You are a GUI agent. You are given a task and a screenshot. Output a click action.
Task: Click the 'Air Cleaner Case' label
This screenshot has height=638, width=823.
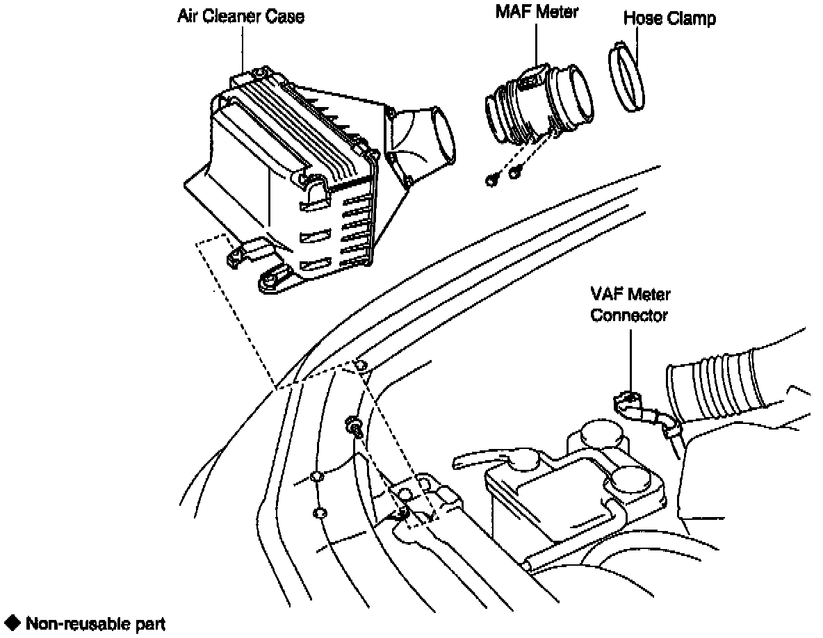point(241,17)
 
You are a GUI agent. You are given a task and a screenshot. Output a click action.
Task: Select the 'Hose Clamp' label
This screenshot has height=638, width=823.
point(669,19)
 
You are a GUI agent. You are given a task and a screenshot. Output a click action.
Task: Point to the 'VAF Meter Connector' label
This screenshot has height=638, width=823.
point(630,305)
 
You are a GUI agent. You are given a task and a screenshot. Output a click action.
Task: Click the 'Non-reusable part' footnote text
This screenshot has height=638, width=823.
point(95,624)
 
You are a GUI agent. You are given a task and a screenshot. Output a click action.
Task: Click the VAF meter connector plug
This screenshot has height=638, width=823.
point(628,402)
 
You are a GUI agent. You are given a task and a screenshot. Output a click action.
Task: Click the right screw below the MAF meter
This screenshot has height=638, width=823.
point(515,172)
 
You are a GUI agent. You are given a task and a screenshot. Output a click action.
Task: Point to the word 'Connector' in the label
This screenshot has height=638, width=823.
point(630,316)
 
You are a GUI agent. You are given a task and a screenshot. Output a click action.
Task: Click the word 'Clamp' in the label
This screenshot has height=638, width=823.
point(692,19)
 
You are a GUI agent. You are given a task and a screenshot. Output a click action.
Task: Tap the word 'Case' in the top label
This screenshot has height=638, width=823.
point(288,17)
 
